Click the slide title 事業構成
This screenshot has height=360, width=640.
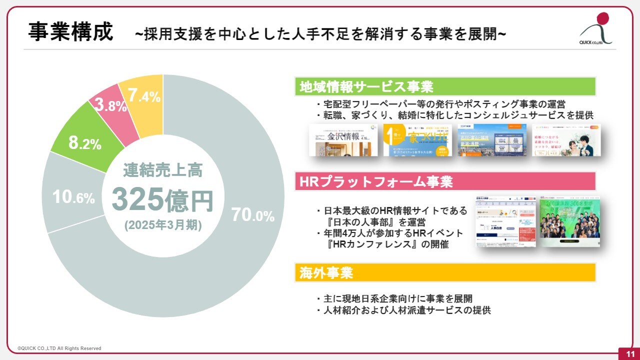coord(70,31)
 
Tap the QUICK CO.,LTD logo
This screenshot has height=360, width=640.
coord(598,29)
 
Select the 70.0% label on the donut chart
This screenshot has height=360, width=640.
coord(252,215)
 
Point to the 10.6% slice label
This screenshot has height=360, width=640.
coord(74,197)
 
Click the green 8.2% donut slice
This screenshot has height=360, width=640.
coord(85,143)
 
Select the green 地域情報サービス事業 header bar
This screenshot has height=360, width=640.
coord(445,86)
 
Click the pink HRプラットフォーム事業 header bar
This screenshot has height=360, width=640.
coord(445,181)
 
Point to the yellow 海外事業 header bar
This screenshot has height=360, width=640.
coord(445,272)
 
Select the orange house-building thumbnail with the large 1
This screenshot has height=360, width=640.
coord(417,140)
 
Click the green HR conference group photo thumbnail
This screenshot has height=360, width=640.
coord(569,220)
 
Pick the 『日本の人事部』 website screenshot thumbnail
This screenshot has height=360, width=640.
coord(505,220)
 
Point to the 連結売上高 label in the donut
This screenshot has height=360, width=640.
coord(162,171)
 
